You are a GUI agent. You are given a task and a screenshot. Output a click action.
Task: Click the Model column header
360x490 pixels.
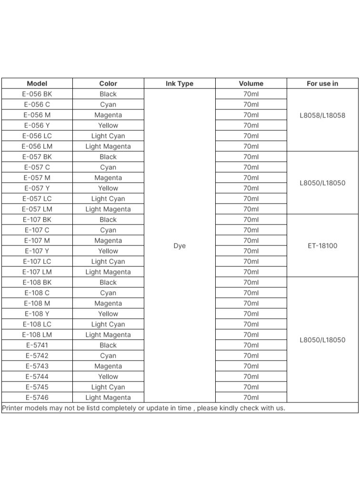pos(37,83)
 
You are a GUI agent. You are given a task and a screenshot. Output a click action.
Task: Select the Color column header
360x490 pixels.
pos(108,83)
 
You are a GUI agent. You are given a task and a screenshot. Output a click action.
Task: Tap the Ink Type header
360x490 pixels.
pos(180,83)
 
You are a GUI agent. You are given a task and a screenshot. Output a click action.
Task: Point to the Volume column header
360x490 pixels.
pos(251,83)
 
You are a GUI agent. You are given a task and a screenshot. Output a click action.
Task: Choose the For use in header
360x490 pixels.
pos(322,83)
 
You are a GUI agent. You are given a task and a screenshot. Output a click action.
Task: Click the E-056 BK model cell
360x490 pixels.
pos(37,94)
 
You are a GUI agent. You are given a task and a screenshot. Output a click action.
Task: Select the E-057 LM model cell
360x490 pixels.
pos(37,209)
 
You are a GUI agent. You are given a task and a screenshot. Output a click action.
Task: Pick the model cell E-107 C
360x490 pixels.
pos(37,230)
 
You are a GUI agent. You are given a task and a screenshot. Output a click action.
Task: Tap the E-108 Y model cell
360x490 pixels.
pos(37,314)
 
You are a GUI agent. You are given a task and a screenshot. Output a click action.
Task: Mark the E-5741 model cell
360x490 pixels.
pos(37,345)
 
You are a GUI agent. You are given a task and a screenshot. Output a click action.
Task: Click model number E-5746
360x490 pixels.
pos(37,398)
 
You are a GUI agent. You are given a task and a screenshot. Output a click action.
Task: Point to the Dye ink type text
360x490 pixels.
pos(180,246)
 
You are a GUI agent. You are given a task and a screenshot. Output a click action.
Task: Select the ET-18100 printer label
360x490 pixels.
pos(322,246)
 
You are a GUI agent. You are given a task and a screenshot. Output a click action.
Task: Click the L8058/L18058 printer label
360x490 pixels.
pos(322,115)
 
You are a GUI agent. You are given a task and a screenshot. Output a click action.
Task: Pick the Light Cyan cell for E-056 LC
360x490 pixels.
pos(108,136)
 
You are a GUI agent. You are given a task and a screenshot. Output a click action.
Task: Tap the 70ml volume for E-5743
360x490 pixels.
pos(251,366)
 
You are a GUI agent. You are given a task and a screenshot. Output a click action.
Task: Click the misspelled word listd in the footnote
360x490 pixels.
pos(90,408)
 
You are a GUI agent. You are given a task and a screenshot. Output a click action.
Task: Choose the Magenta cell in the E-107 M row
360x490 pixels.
pos(108,241)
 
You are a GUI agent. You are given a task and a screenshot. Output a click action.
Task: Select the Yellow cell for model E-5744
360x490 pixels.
pos(108,377)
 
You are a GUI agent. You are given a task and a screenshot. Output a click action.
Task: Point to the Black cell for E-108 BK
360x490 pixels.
pos(108,283)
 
